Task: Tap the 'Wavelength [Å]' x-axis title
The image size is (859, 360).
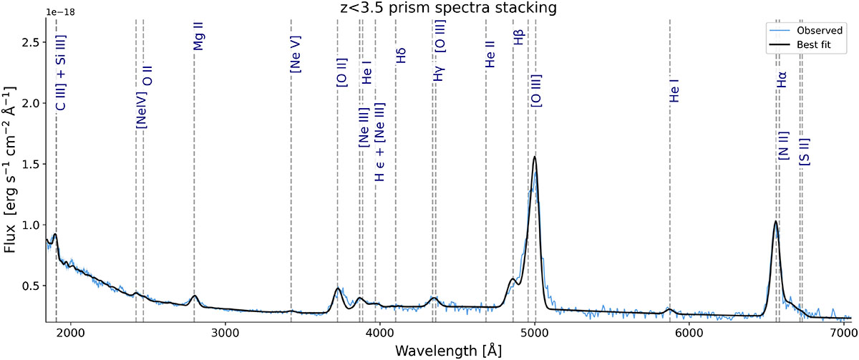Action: point(448,350)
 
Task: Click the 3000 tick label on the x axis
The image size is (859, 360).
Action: point(225,332)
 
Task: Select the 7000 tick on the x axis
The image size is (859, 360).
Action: point(843,332)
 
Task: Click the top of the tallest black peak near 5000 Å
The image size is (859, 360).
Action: point(534,157)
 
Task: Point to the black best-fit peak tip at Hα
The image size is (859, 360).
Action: point(775,221)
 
